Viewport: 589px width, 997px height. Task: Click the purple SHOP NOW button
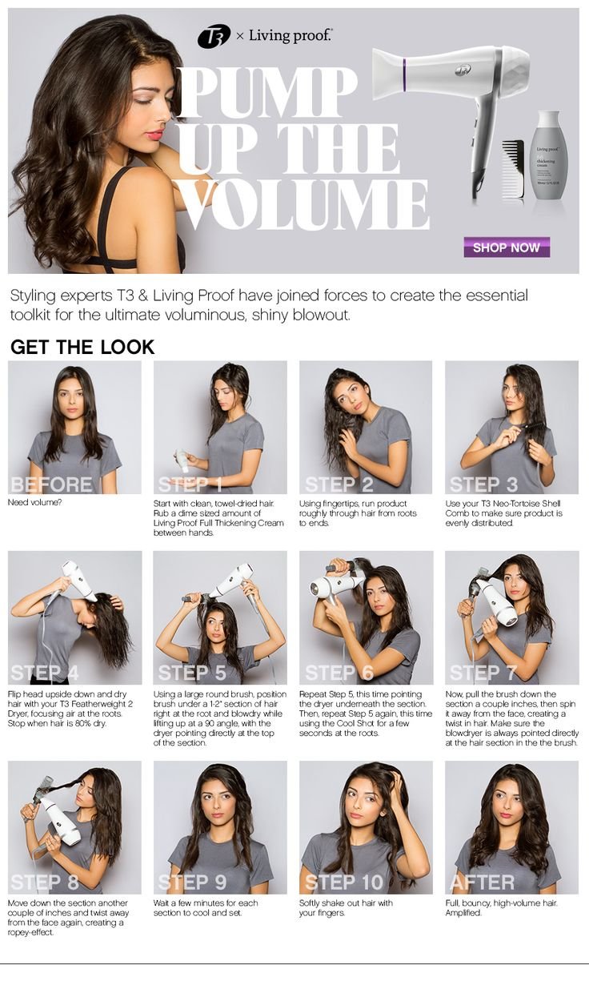(x=507, y=247)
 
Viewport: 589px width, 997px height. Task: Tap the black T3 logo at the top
(x=214, y=36)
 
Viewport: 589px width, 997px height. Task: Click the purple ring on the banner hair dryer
(x=404, y=74)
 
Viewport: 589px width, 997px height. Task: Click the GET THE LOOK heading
(x=82, y=348)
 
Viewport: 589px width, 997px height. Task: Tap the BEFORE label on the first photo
(x=51, y=484)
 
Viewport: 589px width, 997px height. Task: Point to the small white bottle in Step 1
(x=182, y=460)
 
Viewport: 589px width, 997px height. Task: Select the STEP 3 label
(x=483, y=484)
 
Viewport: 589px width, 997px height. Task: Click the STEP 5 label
(x=192, y=673)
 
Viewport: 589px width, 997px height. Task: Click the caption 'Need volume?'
(x=34, y=503)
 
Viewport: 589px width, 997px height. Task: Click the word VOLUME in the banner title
(x=304, y=205)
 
